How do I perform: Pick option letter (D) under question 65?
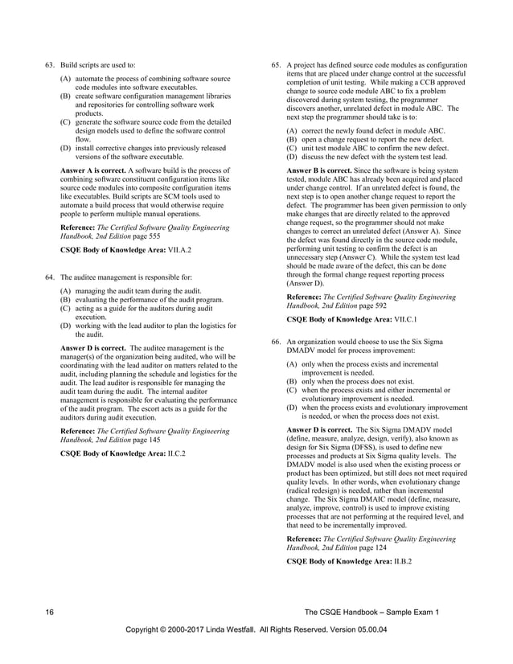[291, 155]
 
